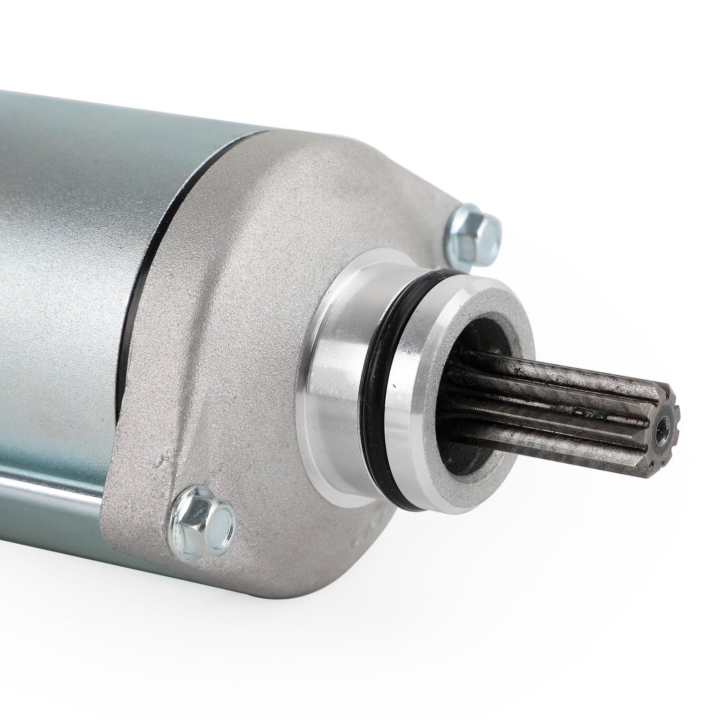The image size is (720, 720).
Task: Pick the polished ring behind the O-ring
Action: (344, 359)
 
